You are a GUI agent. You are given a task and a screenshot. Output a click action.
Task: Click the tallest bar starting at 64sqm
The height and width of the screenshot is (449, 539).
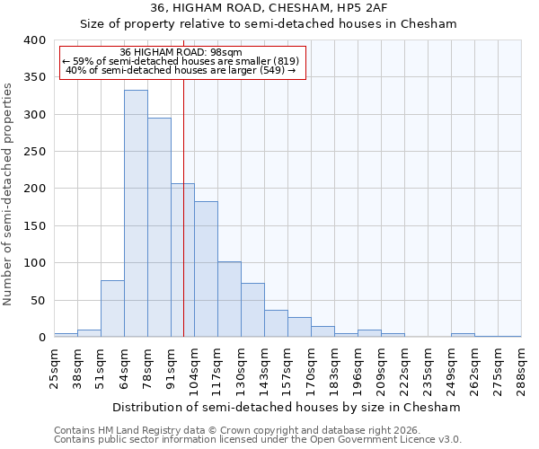[x=136, y=214]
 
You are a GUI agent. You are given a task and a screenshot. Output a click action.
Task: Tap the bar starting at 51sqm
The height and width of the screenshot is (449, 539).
[x=112, y=309]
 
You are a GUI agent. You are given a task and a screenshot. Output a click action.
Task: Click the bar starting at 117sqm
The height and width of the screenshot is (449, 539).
[x=229, y=300]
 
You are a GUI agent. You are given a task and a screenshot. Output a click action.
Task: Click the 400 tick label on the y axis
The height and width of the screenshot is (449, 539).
[x=34, y=40]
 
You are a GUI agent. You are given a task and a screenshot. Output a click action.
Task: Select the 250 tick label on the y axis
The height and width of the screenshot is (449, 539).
[x=34, y=152]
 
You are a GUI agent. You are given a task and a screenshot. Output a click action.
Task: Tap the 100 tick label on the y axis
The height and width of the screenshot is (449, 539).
[x=34, y=263]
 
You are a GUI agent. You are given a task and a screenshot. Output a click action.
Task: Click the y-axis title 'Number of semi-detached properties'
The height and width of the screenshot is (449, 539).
[x=8, y=194]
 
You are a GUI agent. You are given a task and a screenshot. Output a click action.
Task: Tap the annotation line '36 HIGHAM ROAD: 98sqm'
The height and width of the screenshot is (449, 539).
[x=181, y=53]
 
